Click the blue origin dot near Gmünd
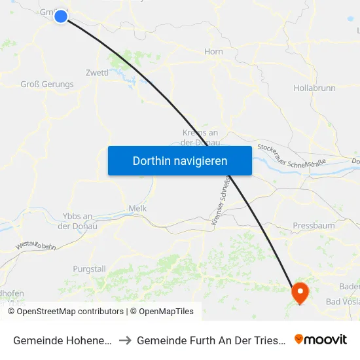pyautogui.click(x=61, y=16)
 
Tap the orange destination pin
pyautogui.click(x=300, y=292)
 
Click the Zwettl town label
pyautogui.click(x=97, y=73)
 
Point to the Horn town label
pyautogui.click(x=213, y=52)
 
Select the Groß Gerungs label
pyautogui.click(x=47, y=84)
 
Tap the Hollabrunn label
pyautogui.click(x=315, y=87)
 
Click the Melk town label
pyautogui.click(x=138, y=208)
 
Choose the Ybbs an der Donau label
pyautogui.click(x=78, y=221)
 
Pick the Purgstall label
pyautogui.click(x=89, y=269)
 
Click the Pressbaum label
pyautogui.click(x=314, y=225)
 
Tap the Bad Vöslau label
pyautogui.click(x=342, y=301)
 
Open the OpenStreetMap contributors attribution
pyautogui.click(x=70, y=312)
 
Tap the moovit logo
pyautogui.click(x=321, y=339)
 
